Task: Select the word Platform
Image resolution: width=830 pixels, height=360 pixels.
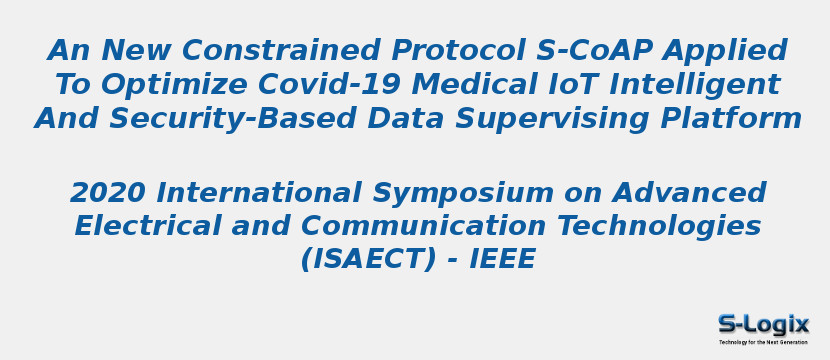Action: [729, 118]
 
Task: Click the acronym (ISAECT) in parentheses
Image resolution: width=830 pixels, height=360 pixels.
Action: [369, 260]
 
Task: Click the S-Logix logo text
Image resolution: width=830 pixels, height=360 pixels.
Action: [763, 324]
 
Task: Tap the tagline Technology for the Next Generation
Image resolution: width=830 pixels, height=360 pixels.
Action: [763, 342]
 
